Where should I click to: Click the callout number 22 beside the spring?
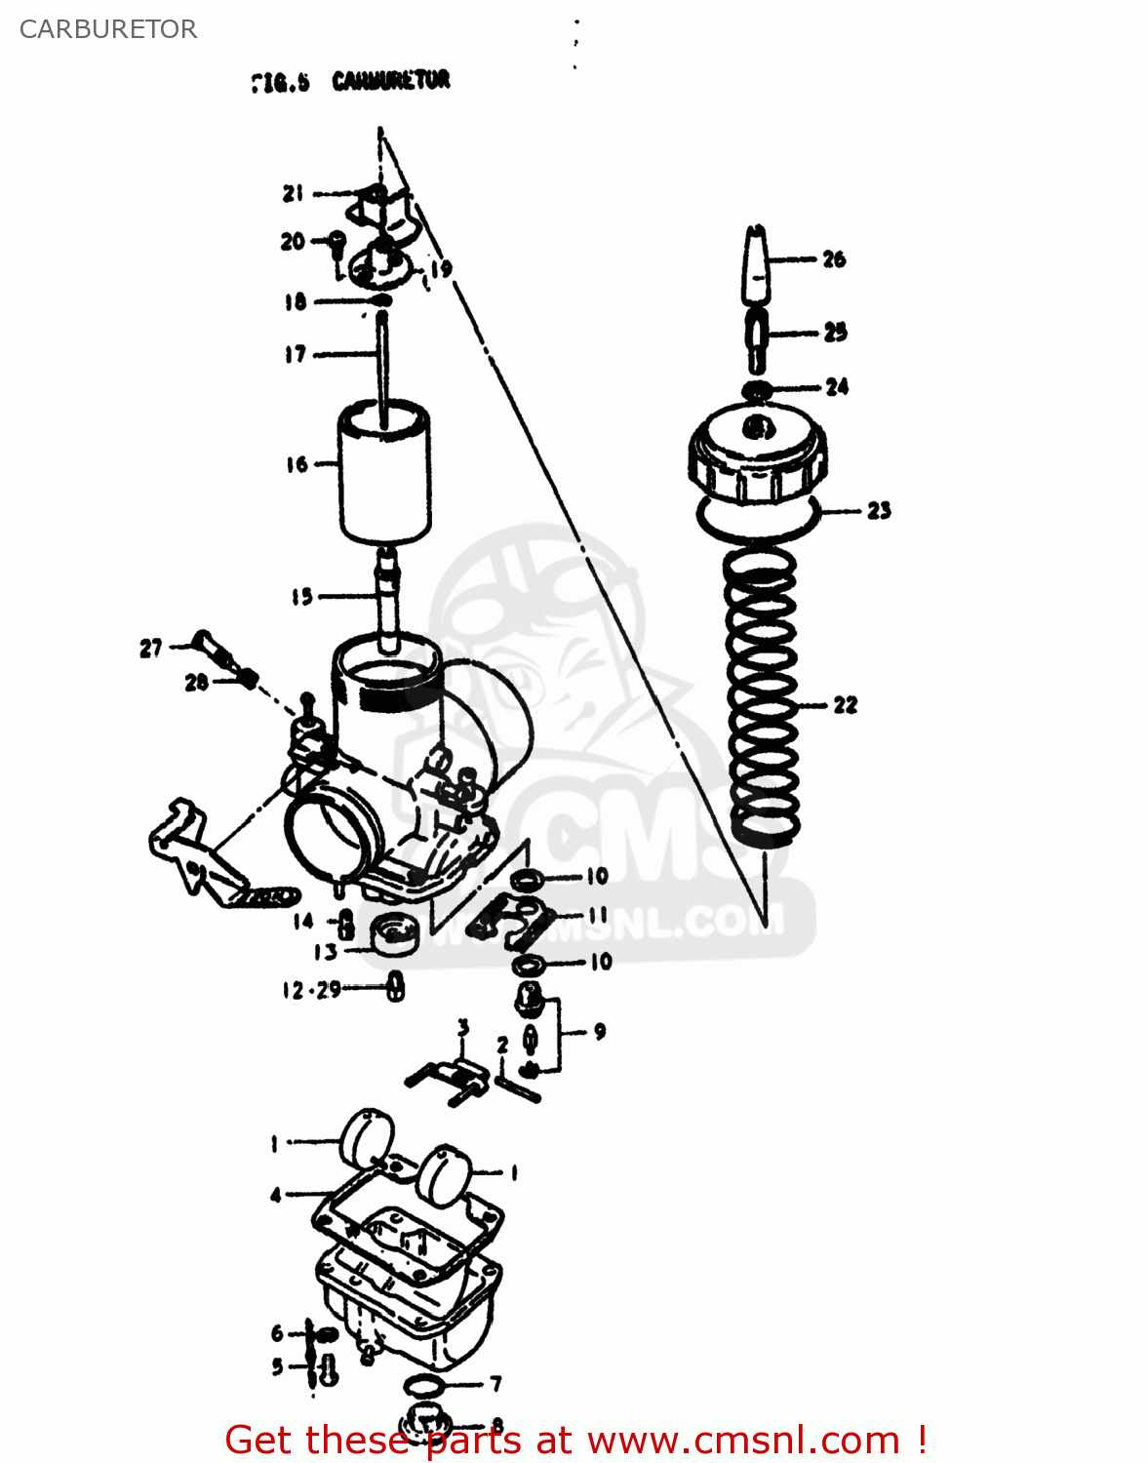pos(845,704)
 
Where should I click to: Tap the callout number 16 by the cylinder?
pos(297,464)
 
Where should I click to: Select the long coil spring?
pos(764,697)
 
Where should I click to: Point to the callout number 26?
pos(834,259)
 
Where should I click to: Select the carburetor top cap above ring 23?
pos(758,455)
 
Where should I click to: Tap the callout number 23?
pos(879,510)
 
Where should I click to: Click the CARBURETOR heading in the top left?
pos(108,29)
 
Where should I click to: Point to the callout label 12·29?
pos(311,990)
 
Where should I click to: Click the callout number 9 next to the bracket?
pos(599,1031)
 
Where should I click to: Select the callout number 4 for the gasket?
pos(276,1195)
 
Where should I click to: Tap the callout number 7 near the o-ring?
pos(495,1383)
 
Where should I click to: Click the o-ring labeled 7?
pos(426,1385)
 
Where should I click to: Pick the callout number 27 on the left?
pos(150,648)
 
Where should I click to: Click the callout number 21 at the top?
pos(293,193)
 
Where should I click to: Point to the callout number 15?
pos(301,596)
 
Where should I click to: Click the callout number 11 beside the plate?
pos(597,915)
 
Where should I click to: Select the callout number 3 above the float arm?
pos(463,1026)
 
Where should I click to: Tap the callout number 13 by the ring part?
pos(325,952)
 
